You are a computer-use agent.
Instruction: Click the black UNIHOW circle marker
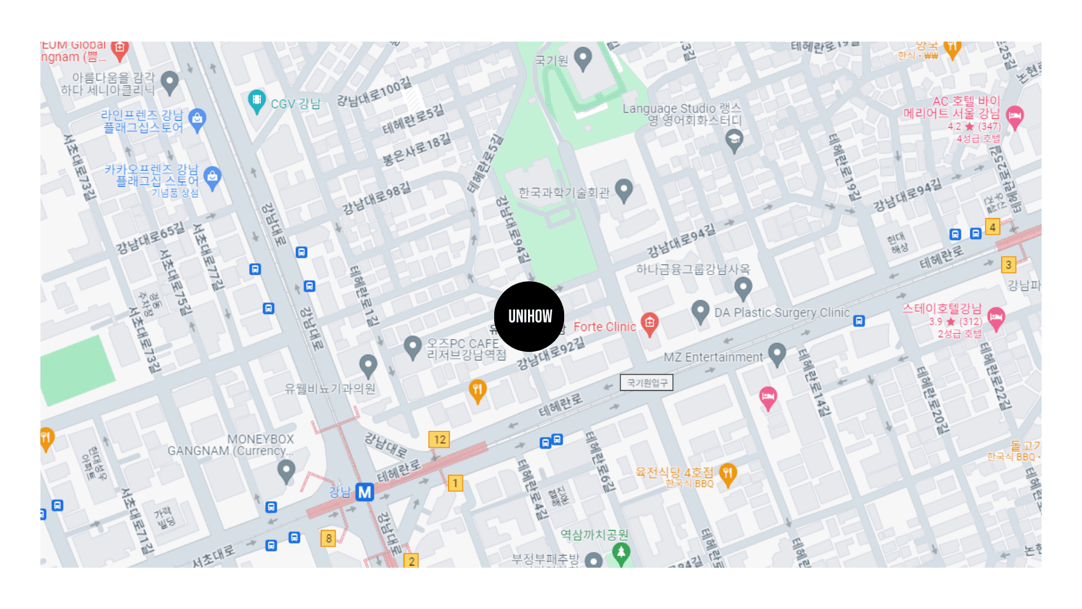pos(529,316)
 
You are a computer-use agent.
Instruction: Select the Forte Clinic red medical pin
pos(649,324)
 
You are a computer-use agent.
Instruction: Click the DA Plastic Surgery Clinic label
pos(782,312)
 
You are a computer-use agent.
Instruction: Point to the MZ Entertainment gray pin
pos(777,354)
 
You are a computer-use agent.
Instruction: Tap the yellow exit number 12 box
pos(440,439)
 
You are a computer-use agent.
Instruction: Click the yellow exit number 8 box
pos(329,538)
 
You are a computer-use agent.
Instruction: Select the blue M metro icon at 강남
pos(365,492)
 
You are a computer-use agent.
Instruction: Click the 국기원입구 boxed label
pos(646,383)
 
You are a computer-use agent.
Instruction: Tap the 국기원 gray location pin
pos(583,58)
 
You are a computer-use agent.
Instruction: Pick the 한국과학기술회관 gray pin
pos(623,189)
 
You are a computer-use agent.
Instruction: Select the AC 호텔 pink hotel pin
pos(1014,116)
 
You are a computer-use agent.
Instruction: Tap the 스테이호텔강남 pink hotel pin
pos(996,317)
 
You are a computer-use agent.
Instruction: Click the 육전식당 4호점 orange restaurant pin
pos(728,473)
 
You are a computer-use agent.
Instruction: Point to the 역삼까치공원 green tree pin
pos(621,553)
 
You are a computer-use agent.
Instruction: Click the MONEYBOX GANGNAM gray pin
pos(286,470)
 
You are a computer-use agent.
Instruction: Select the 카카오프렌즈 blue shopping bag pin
pos(212,177)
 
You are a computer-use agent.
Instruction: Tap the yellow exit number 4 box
pos(992,227)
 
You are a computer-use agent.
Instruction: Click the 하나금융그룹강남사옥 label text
pos(693,270)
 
